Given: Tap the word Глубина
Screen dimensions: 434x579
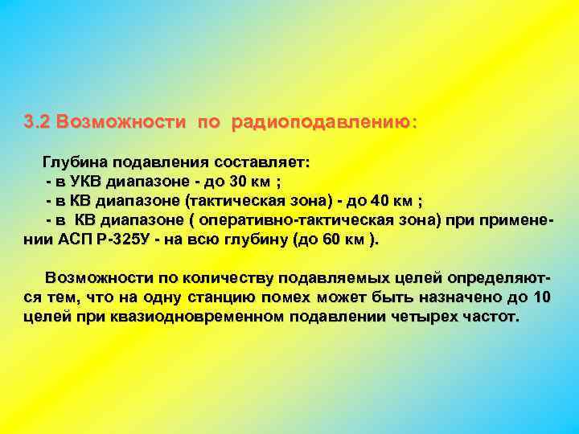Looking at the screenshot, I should [79, 162].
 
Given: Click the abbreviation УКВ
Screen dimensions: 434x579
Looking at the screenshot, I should [86, 181].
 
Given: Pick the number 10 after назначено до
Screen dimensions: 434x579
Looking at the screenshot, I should [542, 297].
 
